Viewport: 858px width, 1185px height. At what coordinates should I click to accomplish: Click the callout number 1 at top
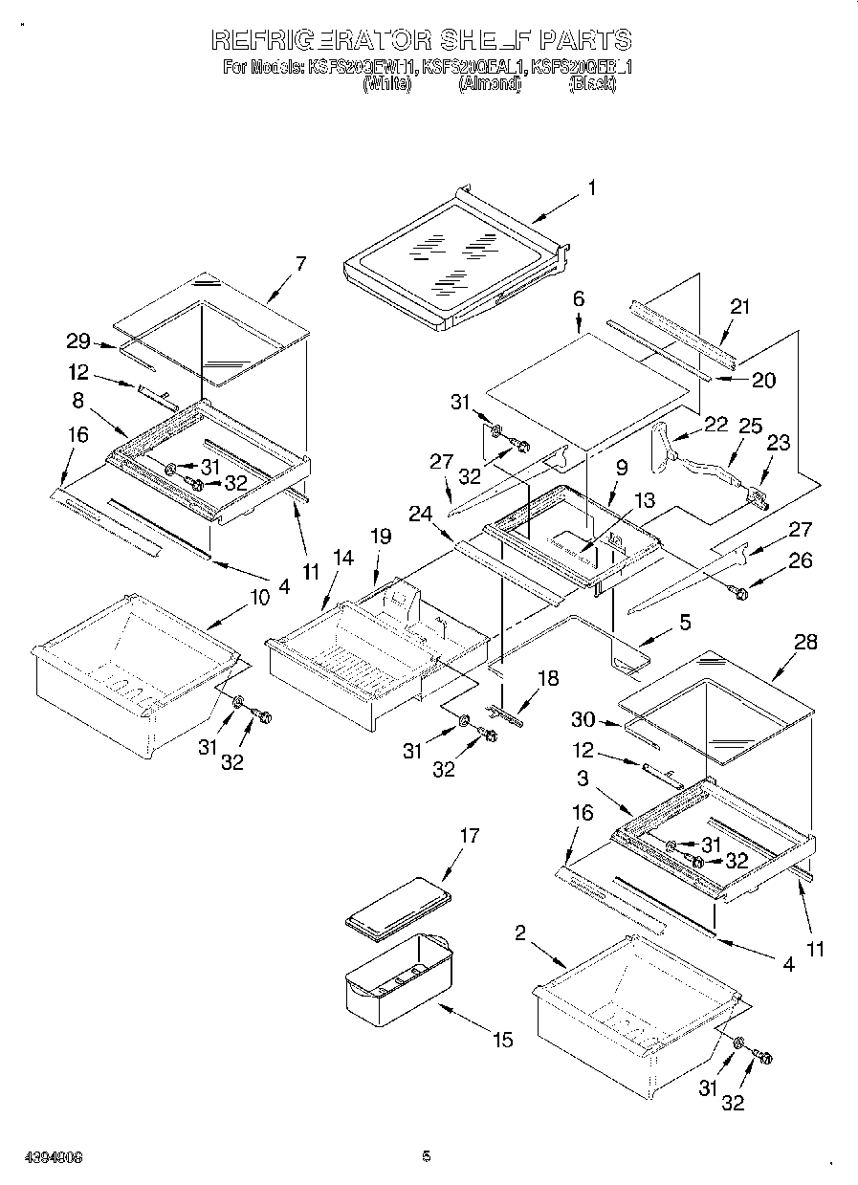[591, 188]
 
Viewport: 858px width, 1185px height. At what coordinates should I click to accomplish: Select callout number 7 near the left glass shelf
[301, 264]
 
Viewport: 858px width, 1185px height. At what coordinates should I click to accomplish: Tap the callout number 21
[739, 307]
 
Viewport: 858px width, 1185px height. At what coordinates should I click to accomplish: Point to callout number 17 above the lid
[469, 836]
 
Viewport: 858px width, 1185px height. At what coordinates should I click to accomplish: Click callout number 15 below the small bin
[503, 1040]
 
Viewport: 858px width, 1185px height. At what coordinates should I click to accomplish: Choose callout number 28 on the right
[805, 642]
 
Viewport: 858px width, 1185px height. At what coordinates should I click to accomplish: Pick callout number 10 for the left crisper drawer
[259, 598]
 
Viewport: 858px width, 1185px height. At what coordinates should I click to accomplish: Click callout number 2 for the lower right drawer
[520, 933]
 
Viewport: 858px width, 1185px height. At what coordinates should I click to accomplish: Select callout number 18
[547, 678]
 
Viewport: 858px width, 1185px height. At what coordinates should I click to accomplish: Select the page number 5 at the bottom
[427, 1156]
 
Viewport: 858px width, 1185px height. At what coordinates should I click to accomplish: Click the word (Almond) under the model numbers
[489, 84]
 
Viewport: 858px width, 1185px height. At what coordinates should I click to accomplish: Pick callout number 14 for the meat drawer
[342, 557]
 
